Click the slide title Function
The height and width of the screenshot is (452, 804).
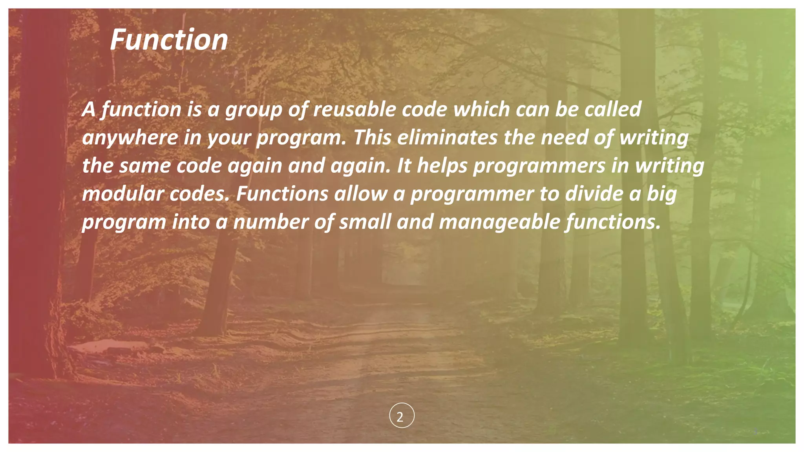(x=169, y=40)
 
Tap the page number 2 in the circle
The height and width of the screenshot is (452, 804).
(x=402, y=416)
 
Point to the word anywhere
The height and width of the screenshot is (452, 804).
(x=130, y=138)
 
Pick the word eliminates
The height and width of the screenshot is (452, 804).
(x=447, y=137)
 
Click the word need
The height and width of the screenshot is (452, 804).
(x=564, y=137)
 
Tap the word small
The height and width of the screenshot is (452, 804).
(x=365, y=222)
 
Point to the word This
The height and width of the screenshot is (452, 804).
(x=372, y=137)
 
